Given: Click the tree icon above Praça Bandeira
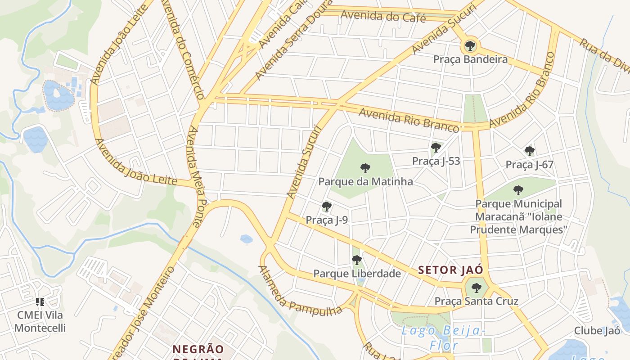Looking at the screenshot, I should [470, 45].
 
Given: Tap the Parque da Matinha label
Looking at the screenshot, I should [365, 182].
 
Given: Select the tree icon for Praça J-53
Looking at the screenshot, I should [436, 148].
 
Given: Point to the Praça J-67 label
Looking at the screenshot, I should [529, 164].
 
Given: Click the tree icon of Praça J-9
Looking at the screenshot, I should [327, 207].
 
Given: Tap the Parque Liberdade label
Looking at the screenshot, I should [357, 274].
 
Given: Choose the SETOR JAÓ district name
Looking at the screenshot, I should [450, 270].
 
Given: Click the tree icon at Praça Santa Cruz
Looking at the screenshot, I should [476, 288].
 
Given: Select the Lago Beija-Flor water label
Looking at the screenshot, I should [443, 338].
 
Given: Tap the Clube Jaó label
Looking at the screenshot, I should [597, 331].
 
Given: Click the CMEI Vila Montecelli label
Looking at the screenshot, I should [40, 321].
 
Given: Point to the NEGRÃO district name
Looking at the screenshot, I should [198, 349].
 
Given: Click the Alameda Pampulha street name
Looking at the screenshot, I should [299, 291].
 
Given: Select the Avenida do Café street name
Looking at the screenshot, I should [383, 16].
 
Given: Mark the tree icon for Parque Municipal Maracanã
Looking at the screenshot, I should [518, 190].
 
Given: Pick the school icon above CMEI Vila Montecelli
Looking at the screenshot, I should [40, 302].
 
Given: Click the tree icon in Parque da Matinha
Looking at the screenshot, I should [365, 168].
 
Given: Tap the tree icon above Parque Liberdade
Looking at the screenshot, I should [357, 260].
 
